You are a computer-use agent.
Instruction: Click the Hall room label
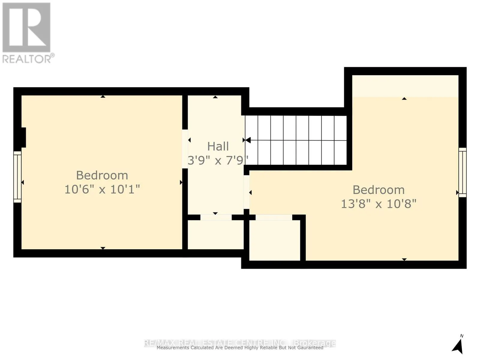(218, 146)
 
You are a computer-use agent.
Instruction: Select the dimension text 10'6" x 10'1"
(102, 189)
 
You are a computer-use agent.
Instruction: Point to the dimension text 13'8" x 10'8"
(379, 204)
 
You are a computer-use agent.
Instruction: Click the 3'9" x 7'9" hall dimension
(218, 160)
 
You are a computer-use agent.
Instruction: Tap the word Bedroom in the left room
(102, 175)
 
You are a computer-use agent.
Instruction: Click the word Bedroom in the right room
(379, 190)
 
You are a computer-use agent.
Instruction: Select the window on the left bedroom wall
(17, 177)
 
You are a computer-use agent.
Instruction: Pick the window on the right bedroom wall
(463, 172)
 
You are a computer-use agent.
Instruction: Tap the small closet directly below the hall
(215, 235)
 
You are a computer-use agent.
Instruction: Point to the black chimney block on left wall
(23, 137)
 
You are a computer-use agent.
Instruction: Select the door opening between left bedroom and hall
(185, 149)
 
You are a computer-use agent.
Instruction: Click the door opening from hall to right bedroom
(246, 192)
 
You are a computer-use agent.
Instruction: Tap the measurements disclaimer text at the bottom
(240, 348)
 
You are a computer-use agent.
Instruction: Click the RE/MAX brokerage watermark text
(240, 343)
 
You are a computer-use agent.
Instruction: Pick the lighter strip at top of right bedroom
(405, 86)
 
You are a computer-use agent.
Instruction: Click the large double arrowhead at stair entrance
(247, 140)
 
